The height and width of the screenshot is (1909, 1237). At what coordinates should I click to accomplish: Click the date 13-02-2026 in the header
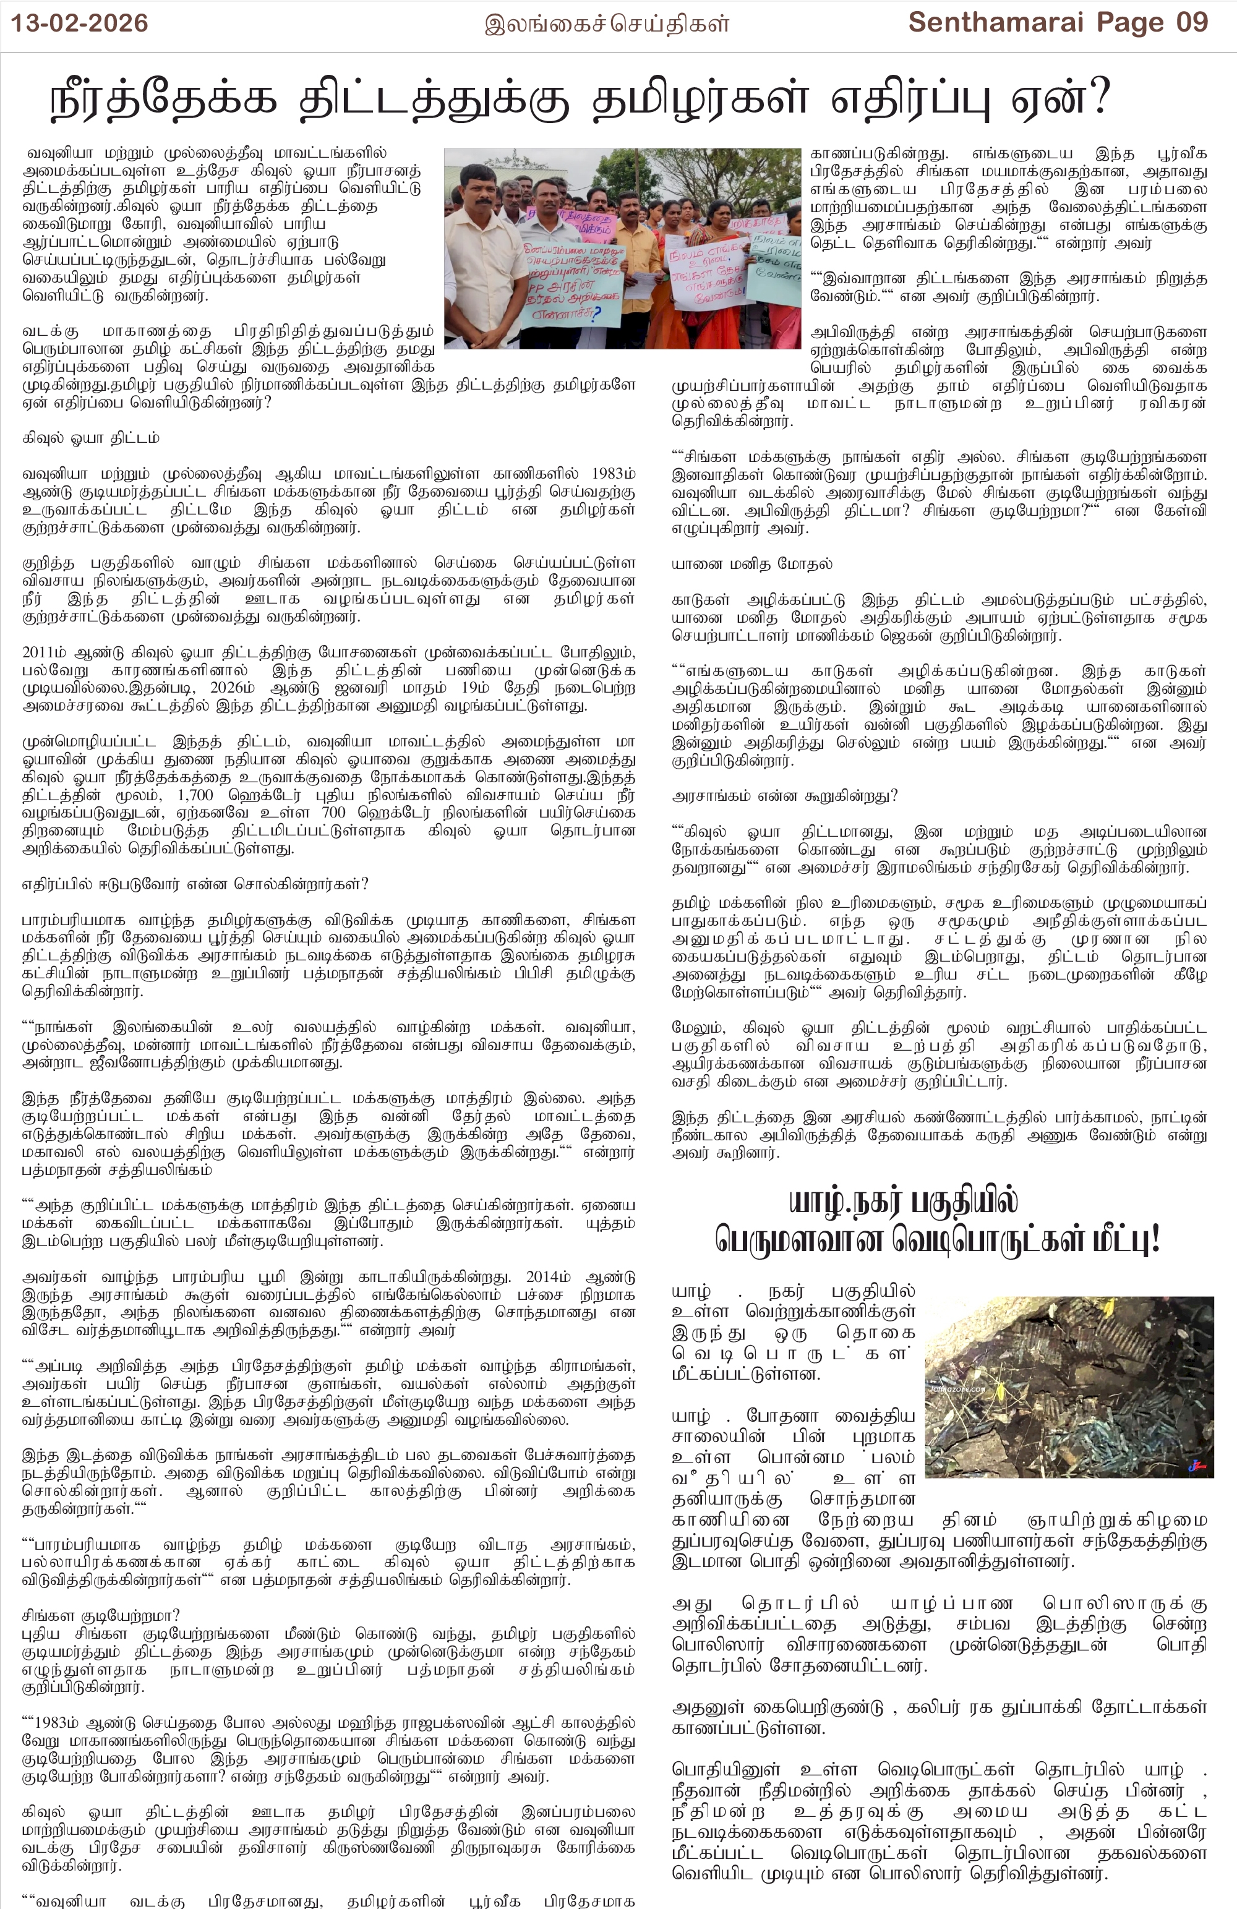(79, 23)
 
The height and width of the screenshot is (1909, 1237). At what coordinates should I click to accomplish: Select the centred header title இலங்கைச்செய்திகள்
(607, 24)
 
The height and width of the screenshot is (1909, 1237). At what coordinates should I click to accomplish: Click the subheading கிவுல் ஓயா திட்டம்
(91, 438)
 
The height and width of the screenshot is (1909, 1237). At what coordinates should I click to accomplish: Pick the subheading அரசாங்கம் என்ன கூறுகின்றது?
(784, 796)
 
